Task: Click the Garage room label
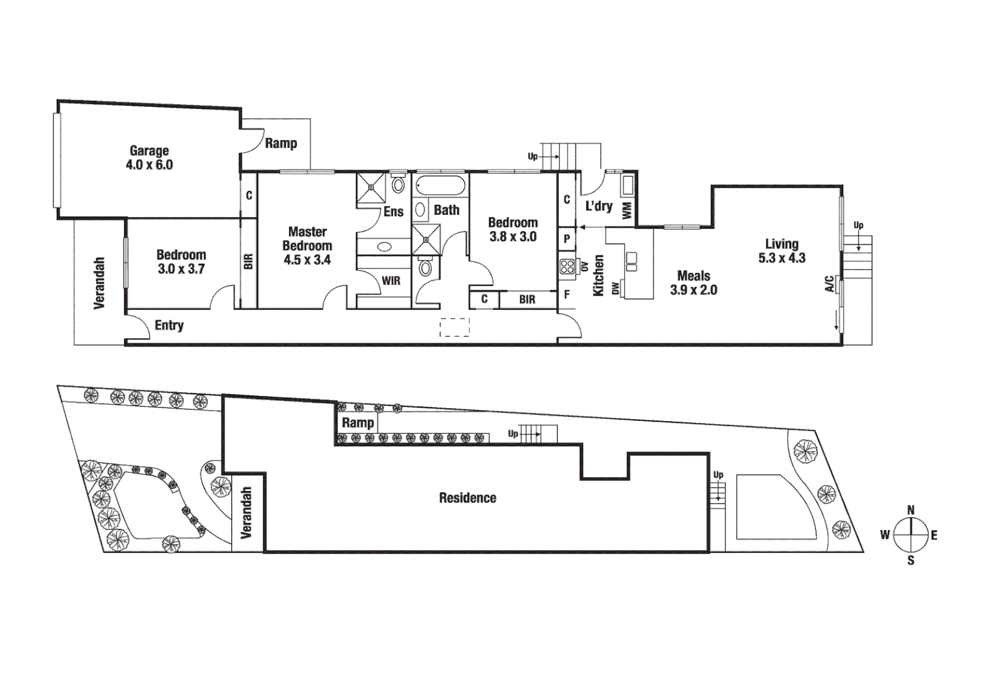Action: point(149,151)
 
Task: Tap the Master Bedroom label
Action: point(307,239)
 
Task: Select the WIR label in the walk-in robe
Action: point(390,281)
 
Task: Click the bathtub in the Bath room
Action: point(440,187)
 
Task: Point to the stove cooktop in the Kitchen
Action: point(566,266)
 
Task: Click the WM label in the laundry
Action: point(627,210)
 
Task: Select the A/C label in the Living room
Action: point(829,284)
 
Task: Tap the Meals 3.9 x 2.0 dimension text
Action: point(693,290)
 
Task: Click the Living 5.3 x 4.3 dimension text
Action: point(781,258)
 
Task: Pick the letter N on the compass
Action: point(910,510)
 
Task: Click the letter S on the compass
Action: point(910,560)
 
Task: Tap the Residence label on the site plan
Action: point(467,498)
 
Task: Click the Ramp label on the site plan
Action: point(358,422)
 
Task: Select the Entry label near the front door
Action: point(169,325)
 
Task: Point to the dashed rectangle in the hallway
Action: point(455,327)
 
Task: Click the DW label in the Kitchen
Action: point(616,289)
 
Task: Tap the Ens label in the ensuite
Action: point(393,212)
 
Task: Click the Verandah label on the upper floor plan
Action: point(99,283)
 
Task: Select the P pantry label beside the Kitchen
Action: point(566,239)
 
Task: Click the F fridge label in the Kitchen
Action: point(566,295)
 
